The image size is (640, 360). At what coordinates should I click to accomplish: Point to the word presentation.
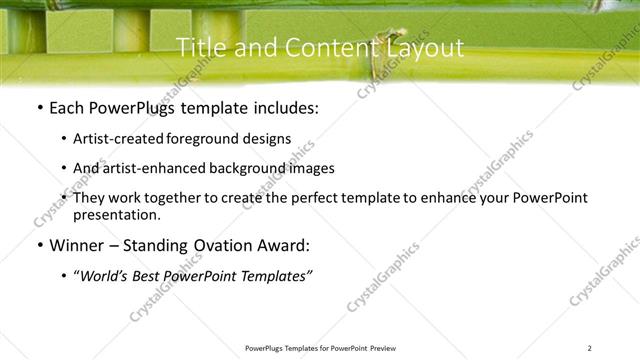(116, 214)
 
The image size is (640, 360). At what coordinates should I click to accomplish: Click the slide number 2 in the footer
(590, 348)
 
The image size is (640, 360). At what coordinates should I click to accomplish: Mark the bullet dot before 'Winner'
(38, 245)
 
